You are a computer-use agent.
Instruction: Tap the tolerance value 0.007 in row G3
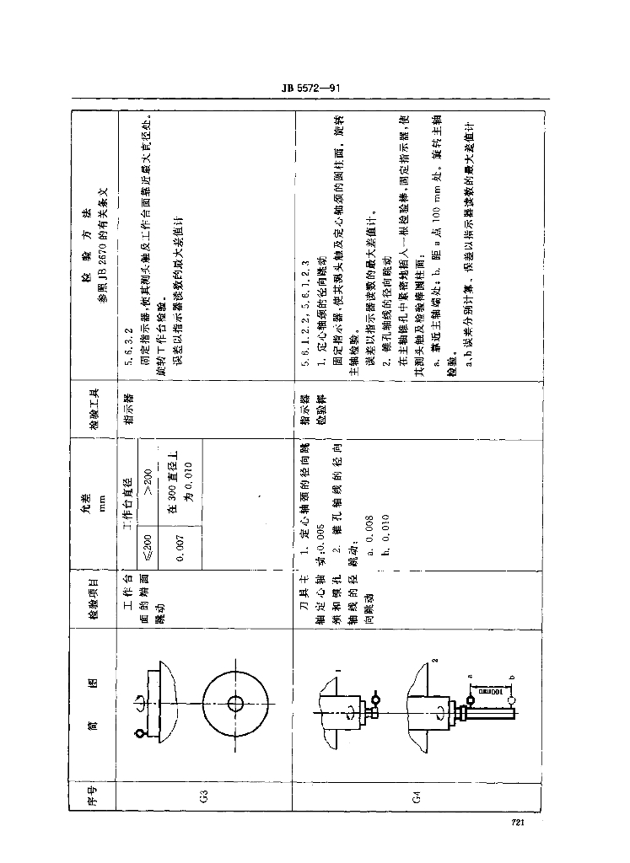coord(180,549)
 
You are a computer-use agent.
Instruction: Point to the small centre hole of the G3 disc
coord(235,703)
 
